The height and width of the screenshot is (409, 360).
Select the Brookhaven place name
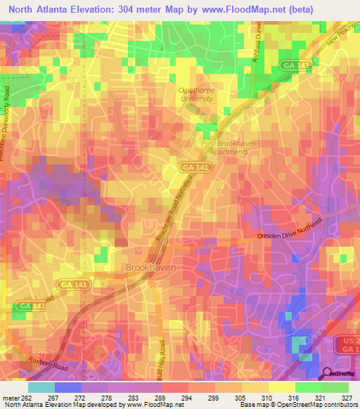click(x=150, y=268)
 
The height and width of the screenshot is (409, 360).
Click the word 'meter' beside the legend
click(x=10, y=397)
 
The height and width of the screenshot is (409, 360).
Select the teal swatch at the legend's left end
click(x=41, y=387)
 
